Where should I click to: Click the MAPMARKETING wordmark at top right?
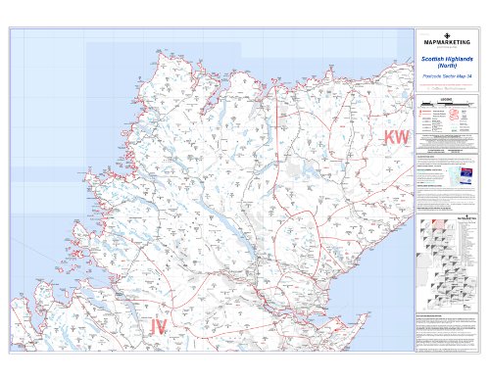pos(446,42)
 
